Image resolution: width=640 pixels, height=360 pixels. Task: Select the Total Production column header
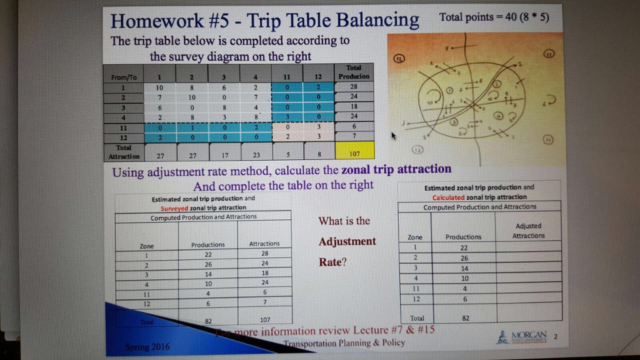(354, 72)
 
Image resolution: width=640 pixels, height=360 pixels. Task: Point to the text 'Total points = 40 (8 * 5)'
(494, 17)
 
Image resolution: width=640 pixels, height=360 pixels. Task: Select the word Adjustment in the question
(347, 242)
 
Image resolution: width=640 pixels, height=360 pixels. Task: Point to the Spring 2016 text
(147, 346)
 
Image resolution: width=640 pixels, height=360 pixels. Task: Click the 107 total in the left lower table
(264, 319)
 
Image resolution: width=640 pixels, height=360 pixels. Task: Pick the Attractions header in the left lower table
(264, 244)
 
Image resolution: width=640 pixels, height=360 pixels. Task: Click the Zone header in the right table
(415, 237)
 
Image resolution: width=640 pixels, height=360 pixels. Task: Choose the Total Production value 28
(354, 87)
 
